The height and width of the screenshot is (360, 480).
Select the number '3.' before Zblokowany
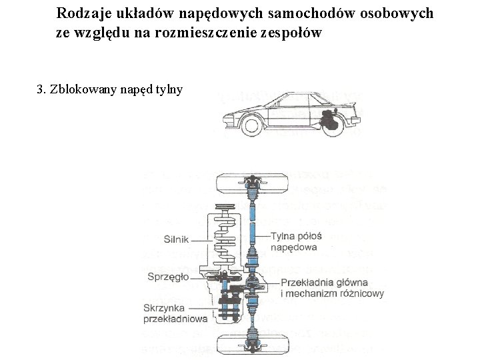(41, 89)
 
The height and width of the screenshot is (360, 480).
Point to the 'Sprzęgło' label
(167, 276)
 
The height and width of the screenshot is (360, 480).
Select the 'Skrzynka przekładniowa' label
(175, 313)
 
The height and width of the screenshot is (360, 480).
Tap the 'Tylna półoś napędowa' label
(296, 241)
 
